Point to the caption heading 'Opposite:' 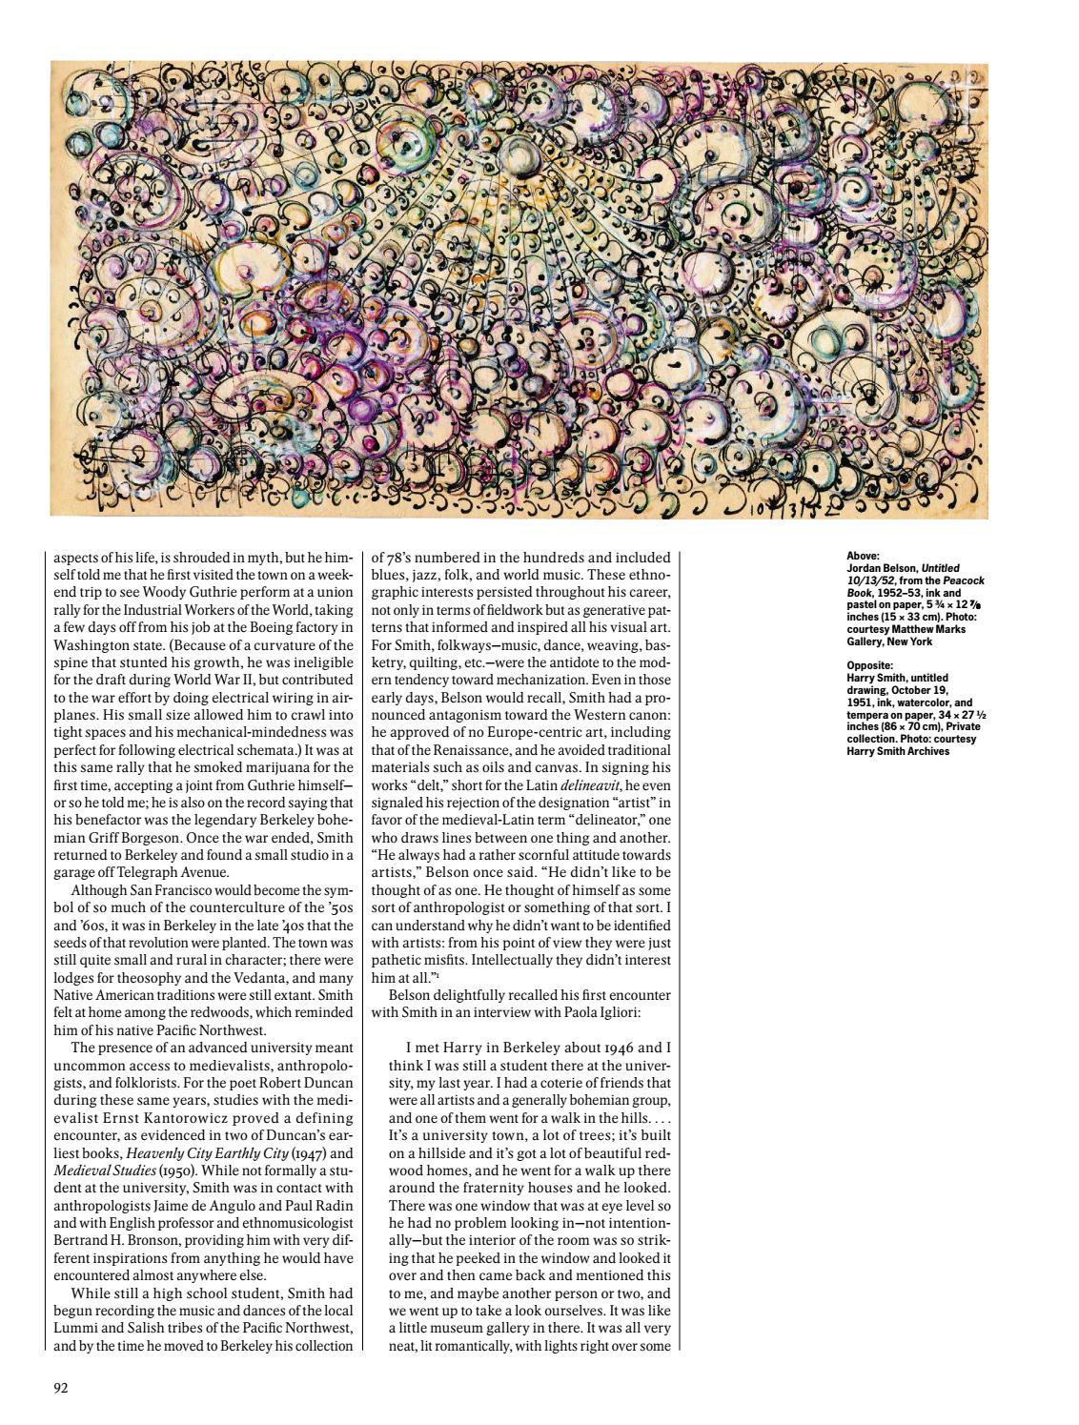point(865,665)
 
